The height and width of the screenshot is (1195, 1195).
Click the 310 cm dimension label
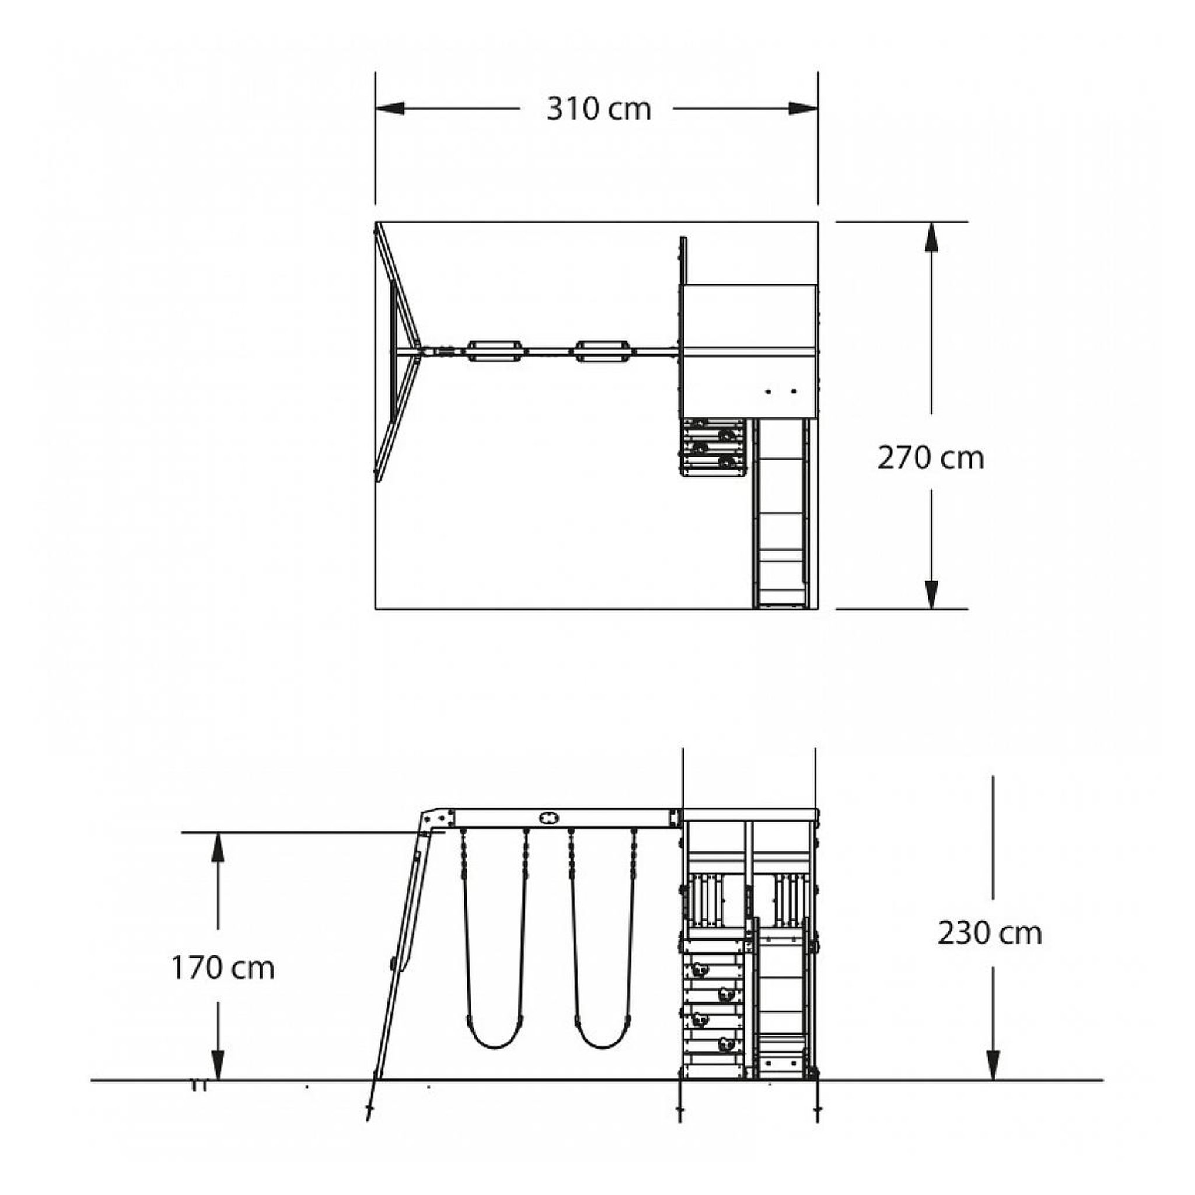point(599,109)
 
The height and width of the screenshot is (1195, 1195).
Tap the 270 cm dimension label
point(930,458)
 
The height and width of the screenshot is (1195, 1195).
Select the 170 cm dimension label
point(223,968)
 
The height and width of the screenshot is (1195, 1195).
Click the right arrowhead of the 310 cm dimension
point(803,109)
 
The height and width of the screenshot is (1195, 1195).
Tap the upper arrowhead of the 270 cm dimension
point(931,237)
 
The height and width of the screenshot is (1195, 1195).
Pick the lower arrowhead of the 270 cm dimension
point(931,595)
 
